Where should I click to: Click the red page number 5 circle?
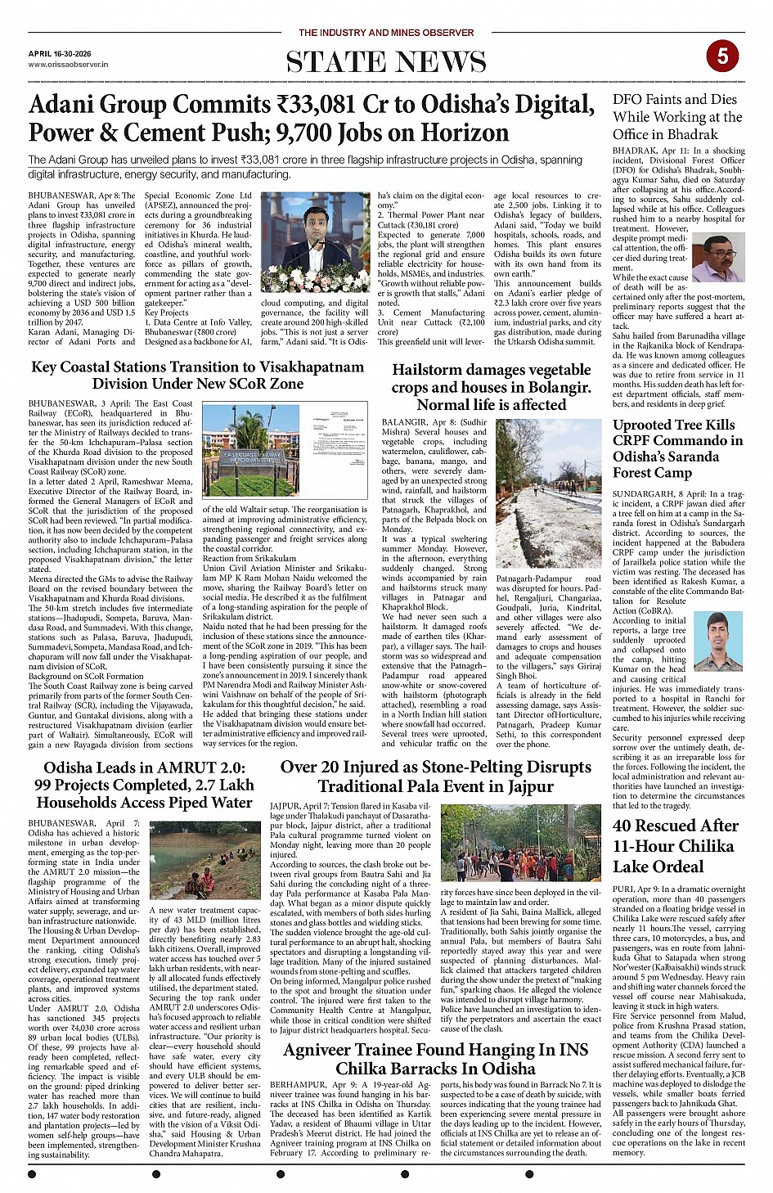722,56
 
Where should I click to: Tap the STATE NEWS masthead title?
386,62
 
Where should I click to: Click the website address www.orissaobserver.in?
68,64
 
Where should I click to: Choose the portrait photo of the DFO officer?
718,259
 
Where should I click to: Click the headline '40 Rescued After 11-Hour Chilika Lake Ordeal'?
675,846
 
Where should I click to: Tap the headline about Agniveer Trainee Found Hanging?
435,1059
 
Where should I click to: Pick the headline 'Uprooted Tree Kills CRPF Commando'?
677,448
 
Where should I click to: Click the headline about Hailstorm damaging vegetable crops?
491,387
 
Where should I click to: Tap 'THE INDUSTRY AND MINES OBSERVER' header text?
386,33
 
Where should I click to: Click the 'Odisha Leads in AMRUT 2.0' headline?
144,785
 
